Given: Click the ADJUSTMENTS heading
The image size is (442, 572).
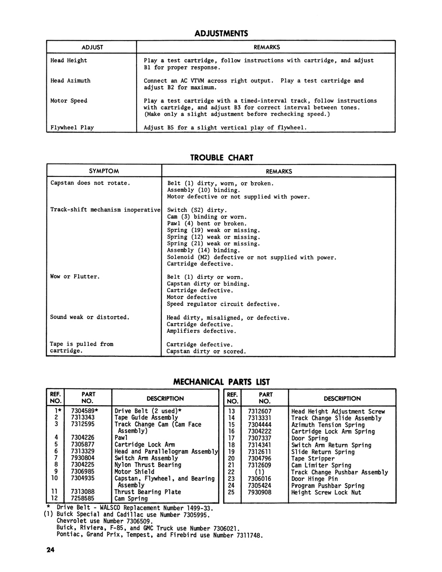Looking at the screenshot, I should point(221,34).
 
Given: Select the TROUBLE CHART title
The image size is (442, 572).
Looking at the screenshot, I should point(221,158).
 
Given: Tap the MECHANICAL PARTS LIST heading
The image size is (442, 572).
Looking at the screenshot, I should point(221,382).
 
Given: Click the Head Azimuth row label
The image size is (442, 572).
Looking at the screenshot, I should point(70,80).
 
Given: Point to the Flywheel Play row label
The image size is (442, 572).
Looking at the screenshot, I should point(72,127).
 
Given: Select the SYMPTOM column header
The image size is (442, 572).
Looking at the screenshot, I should point(104,171).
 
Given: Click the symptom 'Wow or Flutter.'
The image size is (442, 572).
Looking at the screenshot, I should point(75,277).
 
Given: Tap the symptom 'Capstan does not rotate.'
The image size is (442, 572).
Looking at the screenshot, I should point(90,183).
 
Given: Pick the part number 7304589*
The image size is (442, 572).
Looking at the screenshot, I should point(84,411).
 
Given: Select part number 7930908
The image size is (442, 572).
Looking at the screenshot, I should point(259,492).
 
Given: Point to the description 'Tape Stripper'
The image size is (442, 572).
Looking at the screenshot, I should point(313,458).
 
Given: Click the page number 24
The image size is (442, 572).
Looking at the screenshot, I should point(49,550).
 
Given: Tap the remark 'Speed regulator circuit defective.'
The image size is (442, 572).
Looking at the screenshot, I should point(223,304).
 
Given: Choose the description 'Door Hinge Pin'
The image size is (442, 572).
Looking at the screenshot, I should point(314,479).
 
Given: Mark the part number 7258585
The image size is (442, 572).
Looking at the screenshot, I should point(83,499).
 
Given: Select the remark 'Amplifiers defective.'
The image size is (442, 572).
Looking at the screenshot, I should point(201,331).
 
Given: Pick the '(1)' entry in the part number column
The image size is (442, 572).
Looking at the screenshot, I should point(259,472).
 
